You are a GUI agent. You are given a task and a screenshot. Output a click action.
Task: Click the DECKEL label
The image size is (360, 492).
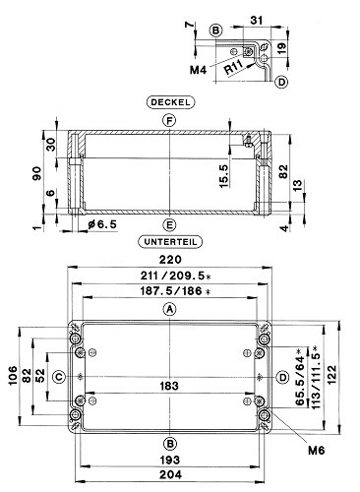pyautogui.click(x=170, y=102)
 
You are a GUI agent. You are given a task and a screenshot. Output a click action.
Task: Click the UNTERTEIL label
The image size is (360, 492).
pyautogui.click(x=170, y=242)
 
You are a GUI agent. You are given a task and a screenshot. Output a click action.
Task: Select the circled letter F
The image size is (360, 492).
pyautogui.click(x=169, y=121)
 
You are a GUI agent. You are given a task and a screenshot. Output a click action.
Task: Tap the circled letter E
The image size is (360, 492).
pyautogui.click(x=169, y=225)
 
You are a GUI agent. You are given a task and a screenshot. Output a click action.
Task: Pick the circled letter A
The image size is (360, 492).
pyautogui.click(x=170, y=309)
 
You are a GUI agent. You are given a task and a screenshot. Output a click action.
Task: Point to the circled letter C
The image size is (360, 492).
pyautogui.click(x=59, y=377)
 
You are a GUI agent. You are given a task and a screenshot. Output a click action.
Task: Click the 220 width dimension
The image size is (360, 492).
pyautogui.click(x=170, y=260)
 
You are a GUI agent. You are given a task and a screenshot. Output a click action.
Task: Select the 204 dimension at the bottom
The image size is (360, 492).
pyautogui.click(x=170, y=474)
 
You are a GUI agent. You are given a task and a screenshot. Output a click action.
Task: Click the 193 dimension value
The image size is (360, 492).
pyautogui.click(x=170, y=460)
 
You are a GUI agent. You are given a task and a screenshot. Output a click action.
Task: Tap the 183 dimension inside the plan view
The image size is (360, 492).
pyautogui.click(x=169, y=386)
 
